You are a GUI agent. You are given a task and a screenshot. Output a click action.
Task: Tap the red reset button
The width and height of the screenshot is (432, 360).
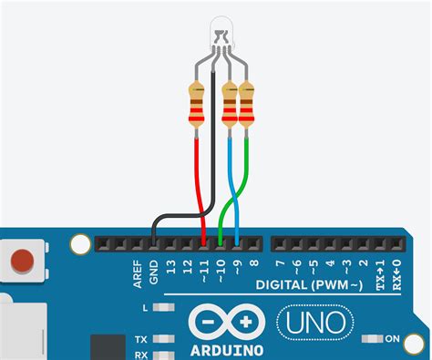(22, 261)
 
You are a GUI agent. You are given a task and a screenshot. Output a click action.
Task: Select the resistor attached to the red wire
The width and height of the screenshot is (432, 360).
(197, 105)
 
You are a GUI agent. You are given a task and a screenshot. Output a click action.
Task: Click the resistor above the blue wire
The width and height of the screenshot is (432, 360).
(230, 105)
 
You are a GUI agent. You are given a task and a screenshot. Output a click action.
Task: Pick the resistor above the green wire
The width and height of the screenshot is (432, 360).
(246, 105)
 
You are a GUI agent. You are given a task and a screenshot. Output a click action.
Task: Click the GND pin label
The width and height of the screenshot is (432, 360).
(154, 272)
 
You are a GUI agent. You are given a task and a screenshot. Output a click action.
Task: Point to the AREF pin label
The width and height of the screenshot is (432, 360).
(138, 273)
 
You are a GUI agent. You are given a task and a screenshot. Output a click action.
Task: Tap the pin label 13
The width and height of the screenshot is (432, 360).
(171, 267)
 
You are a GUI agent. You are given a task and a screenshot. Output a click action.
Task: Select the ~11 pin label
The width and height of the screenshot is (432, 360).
(204, 271)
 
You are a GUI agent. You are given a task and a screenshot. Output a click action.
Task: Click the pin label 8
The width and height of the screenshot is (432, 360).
(254, 263)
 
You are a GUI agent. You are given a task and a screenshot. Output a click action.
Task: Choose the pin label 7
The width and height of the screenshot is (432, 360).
(280, 263)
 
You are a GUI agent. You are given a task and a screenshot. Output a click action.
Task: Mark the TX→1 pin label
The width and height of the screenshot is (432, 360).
(380, 274)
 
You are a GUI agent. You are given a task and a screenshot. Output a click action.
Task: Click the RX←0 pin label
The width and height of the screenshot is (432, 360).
(396, 274)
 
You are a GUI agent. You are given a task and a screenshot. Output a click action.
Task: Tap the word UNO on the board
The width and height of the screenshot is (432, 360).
(315, 322)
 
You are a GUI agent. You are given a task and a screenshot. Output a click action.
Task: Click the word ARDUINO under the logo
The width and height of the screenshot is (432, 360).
(227, 351)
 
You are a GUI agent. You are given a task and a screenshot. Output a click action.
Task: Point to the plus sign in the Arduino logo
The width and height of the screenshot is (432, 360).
(245, 322)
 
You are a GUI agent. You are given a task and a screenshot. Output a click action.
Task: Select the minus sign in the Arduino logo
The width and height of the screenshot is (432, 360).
(208, 322)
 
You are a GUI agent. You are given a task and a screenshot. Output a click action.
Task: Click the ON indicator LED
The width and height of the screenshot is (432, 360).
(373, 338)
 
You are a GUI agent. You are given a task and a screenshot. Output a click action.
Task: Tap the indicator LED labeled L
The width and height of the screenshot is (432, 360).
(164, 307)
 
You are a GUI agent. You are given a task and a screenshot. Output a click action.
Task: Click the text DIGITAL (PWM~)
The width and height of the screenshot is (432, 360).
(309, 285)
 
